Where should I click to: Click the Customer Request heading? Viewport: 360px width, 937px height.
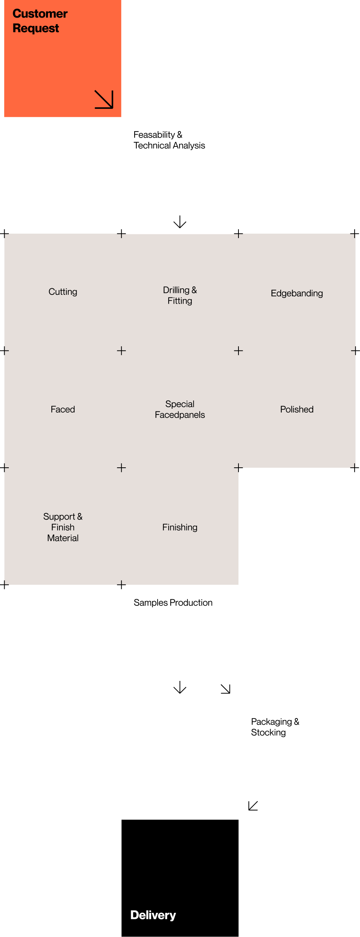click(x=40, y=21)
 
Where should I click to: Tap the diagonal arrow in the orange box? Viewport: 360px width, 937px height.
click(x=104, y=99)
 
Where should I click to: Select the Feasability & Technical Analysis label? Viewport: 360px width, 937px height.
click(x=169, y=140)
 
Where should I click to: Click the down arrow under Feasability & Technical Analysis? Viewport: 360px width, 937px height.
click(x=180, y=222)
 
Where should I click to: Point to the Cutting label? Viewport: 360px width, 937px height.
click(x=63, y=292)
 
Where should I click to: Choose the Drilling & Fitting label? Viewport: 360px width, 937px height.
click(x=180, y=295)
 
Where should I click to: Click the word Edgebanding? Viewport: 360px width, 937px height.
click(x=297, y=293)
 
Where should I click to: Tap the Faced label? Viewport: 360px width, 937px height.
click(x=63, y=409)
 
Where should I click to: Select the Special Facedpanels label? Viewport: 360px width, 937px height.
click(x=180, y=409)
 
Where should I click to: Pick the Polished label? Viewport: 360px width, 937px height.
click(x=297, y=409)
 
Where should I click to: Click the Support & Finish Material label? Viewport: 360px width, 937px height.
click(x=63, y=527)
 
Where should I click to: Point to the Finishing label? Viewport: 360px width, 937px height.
click(x=180, y=527)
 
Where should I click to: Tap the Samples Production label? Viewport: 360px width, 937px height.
click(x=173, y=603)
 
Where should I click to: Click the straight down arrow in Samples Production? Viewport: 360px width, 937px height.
click(x=180, y=687)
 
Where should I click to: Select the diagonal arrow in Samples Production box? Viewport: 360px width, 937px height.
click(x=225, y=689)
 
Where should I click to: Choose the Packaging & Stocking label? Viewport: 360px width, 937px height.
click(x=275, y=727)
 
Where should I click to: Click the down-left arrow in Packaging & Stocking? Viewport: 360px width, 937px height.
click(x=253, y=805)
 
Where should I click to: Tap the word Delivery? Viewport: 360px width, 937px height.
click(x=153, y=915)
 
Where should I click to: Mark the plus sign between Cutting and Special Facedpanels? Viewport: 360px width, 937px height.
click(x=122, y=351)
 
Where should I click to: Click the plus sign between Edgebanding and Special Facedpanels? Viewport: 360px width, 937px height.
click(x=238, y=351)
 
